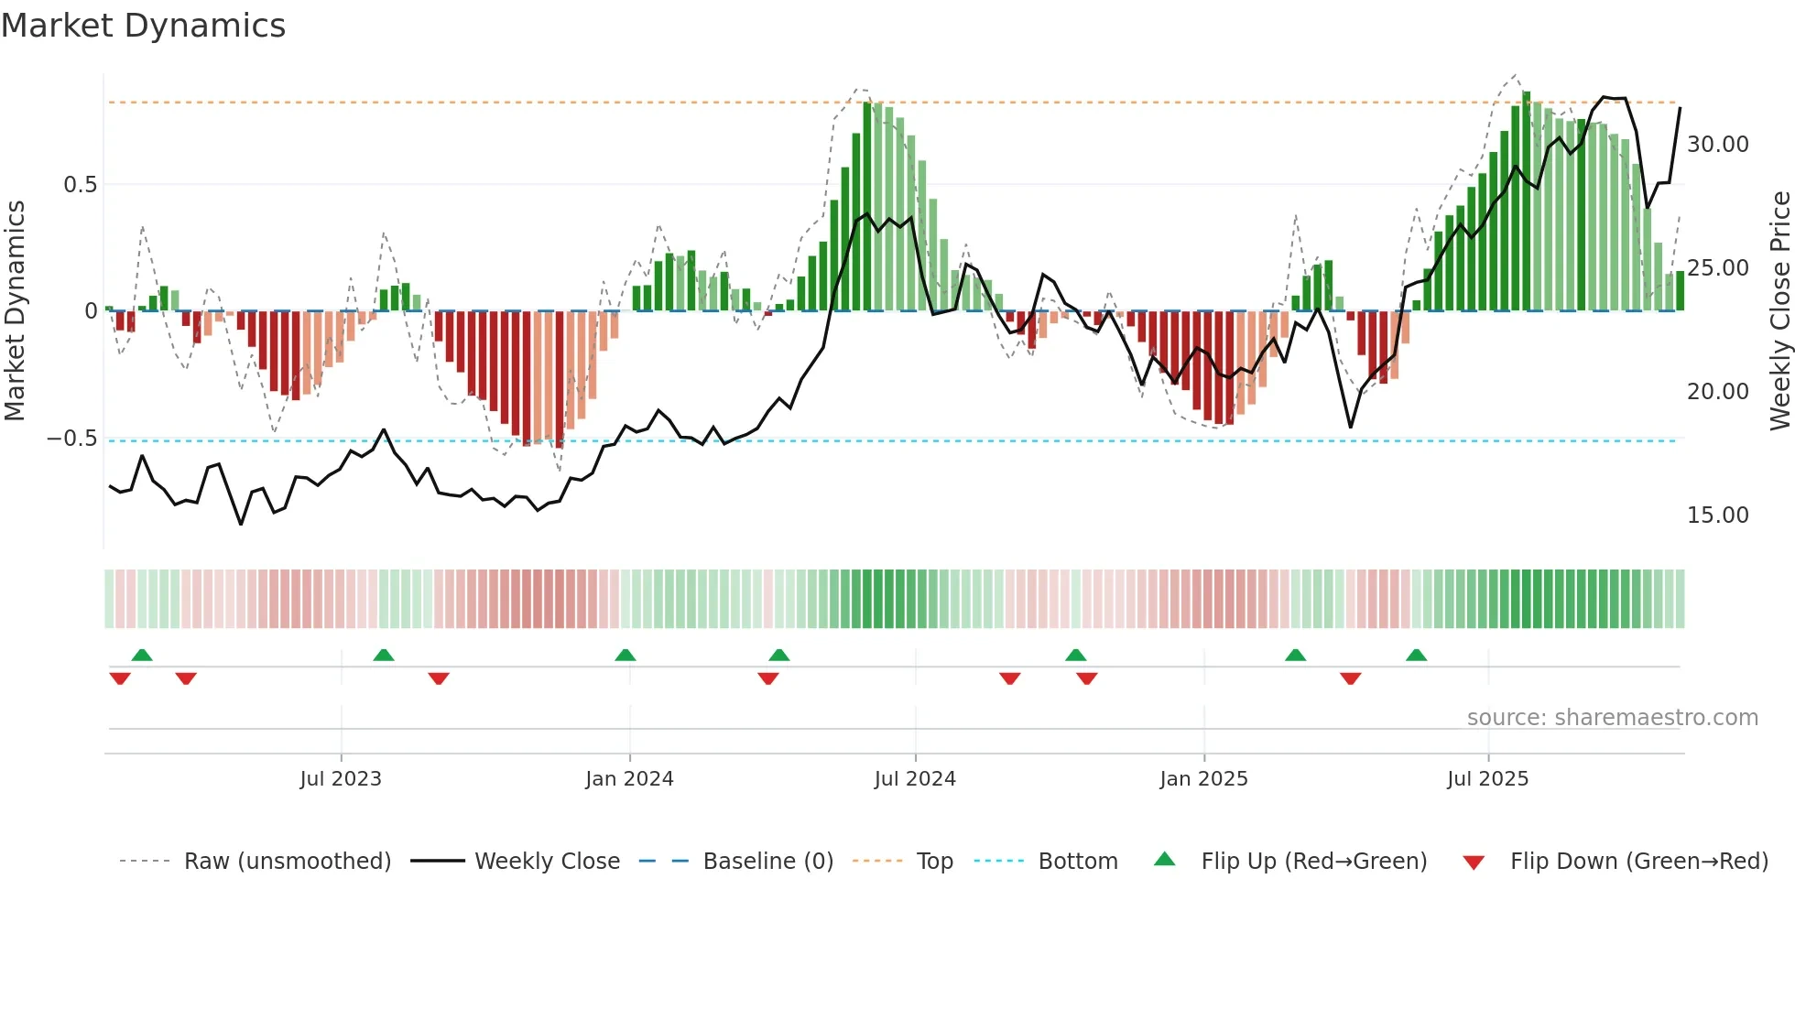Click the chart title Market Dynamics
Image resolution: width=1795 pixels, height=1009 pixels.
(143, 26)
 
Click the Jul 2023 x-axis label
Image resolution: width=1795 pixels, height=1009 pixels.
(341, 779)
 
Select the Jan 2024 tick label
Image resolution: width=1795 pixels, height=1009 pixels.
(629, 779)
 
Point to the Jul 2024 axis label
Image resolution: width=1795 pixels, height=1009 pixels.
(915, 779)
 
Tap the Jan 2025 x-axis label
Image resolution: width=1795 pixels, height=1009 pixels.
(1203, 779)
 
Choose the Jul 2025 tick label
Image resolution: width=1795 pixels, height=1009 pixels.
(1487, 779)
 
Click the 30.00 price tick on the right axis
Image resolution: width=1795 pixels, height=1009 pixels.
(1717, 145)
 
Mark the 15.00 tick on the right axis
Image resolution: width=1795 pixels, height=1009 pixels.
(1717, 515)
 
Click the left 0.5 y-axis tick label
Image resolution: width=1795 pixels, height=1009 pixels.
(80, 185)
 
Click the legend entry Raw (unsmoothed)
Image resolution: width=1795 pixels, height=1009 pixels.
(287, 862)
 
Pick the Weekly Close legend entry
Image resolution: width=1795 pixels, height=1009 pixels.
(547, 862)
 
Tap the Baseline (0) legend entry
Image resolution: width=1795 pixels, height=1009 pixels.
(767, 862)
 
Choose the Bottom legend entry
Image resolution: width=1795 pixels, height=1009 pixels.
(1077, 862)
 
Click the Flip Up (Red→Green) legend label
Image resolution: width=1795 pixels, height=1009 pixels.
(1313, 862)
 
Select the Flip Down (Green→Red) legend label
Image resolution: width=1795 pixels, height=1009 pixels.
(1638, 862)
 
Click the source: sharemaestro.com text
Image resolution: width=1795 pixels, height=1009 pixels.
(1612, 718)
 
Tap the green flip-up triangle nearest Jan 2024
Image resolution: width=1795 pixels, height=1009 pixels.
(626, 656)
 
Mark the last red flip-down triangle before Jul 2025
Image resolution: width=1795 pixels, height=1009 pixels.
(1350, 678)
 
